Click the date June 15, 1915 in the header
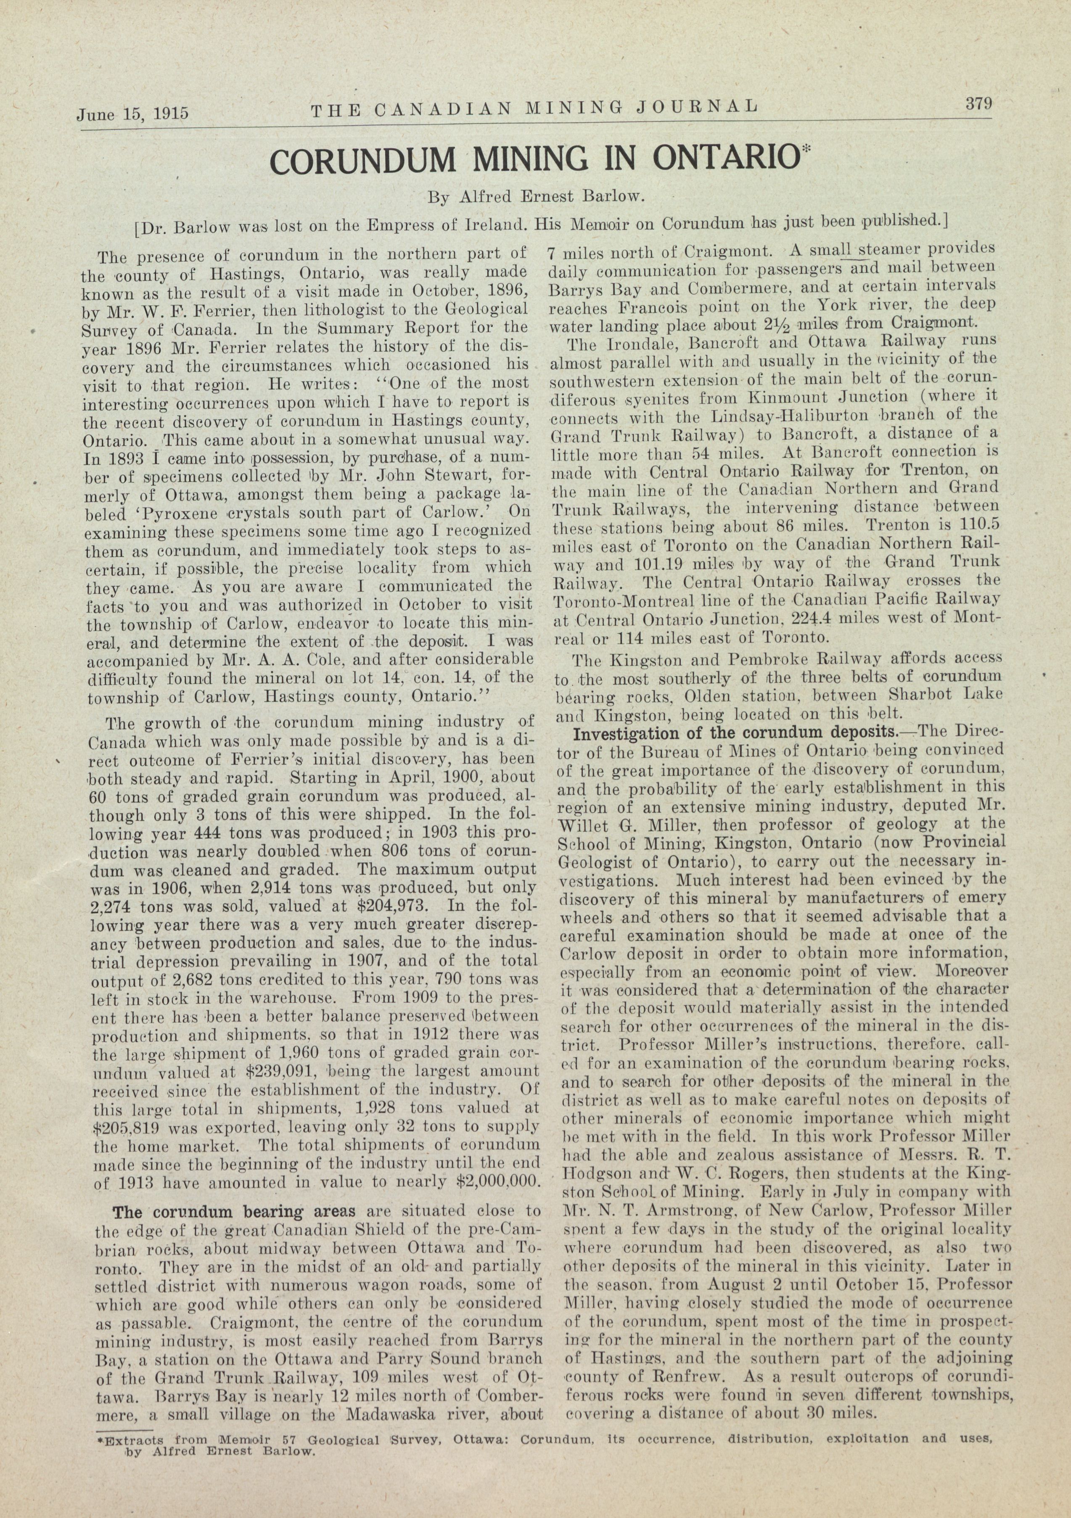coord(132,113)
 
